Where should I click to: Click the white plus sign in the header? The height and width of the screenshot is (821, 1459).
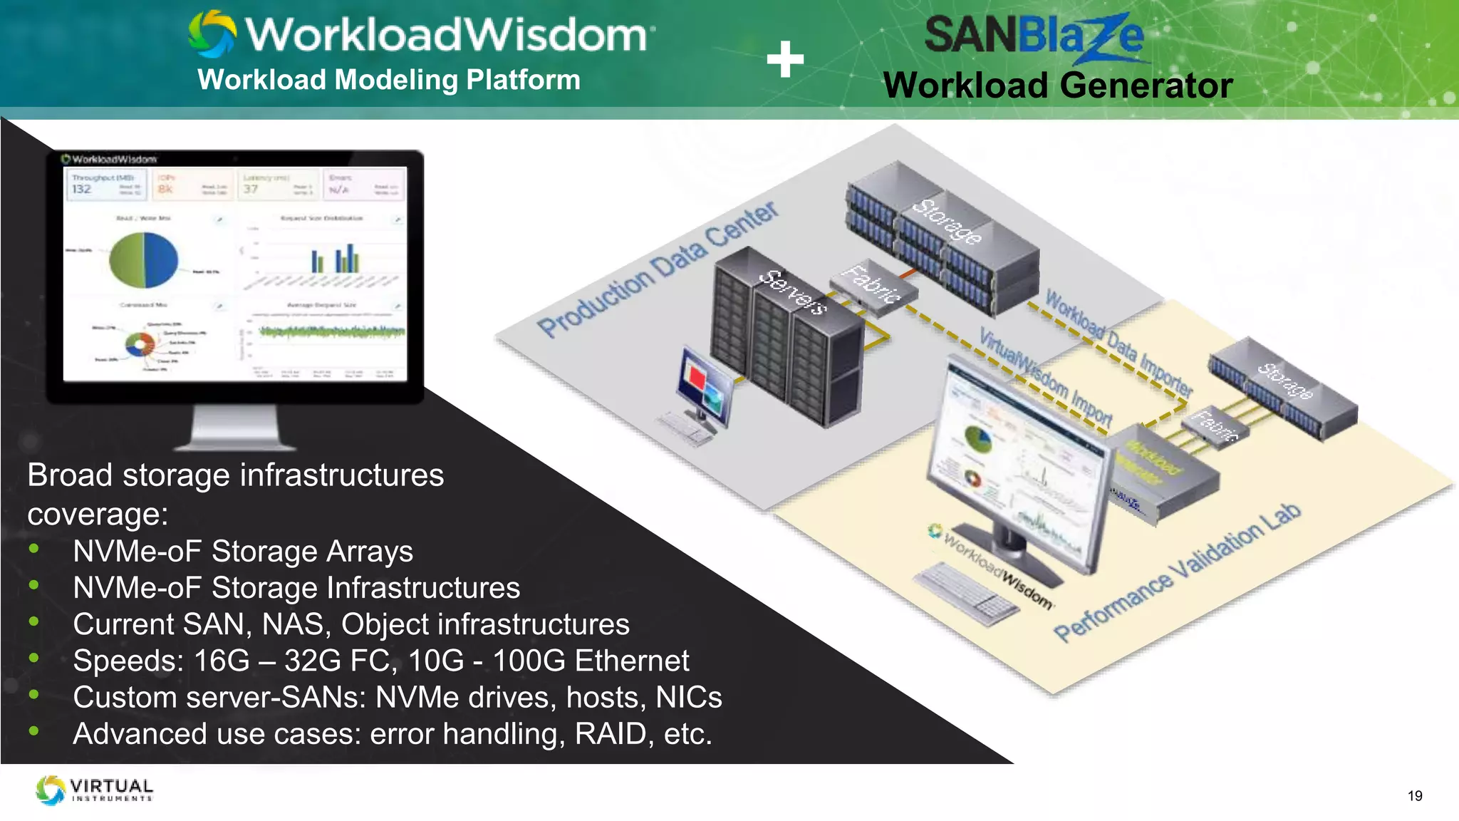(785, 59)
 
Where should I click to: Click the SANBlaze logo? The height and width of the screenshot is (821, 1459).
(1033, 36)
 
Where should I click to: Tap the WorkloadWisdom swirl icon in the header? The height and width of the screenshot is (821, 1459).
(212, 33)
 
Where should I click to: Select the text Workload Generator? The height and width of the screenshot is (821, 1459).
(1057, 86)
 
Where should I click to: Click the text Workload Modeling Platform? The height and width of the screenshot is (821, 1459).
(389, 80)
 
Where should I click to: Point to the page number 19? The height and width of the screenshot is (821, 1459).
(1415, 796)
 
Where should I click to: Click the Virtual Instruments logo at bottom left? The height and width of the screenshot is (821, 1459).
(95, 790)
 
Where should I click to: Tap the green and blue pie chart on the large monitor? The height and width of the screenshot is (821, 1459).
(144, 259)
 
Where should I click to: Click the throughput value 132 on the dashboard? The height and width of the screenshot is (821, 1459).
(81, 189)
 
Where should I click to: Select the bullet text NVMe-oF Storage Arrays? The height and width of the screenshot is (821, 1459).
(243, 552)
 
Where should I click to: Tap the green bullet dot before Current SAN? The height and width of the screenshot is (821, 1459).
(33, 621)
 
